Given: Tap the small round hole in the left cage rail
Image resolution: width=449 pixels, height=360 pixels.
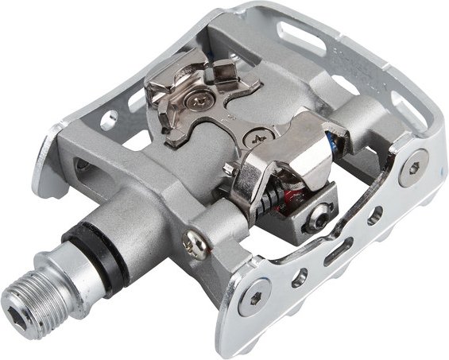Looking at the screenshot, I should click(x=83, y=165).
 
